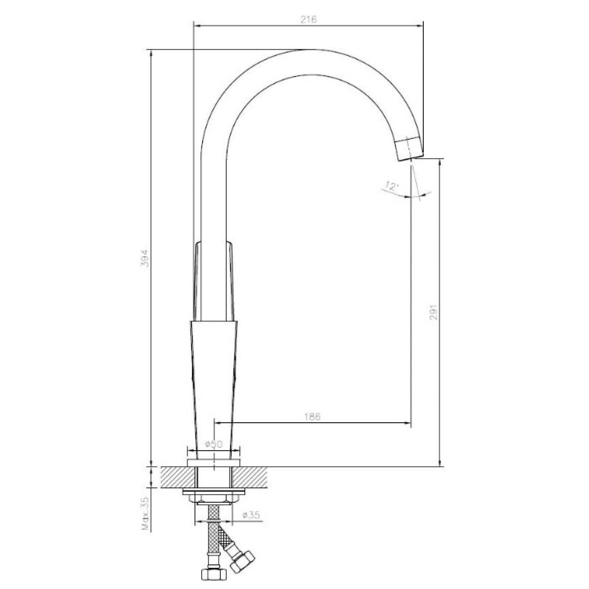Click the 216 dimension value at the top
[308, 20]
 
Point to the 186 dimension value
[313, 416]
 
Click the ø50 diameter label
[214, 444]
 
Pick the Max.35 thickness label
[146, 514]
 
